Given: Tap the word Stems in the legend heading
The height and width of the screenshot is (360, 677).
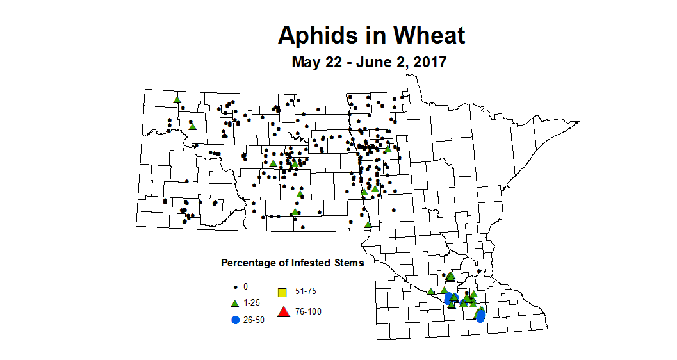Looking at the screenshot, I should tap(349, 263).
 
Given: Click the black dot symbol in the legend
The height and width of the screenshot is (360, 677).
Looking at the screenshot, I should tap(235, 286).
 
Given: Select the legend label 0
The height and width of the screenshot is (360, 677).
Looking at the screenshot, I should tap(245, 286).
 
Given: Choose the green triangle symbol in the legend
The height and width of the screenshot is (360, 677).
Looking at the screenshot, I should tap(234, 302).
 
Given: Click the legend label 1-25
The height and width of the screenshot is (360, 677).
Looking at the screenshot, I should tap(254, 303).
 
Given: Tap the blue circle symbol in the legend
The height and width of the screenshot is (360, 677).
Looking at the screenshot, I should tap(235, 320).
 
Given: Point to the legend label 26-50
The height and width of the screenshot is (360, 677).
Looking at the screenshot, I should tap(255, 320).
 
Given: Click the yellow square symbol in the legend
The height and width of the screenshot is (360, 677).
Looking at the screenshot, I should tap(281, 293).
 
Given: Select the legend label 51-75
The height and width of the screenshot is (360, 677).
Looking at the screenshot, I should tap(305, 291).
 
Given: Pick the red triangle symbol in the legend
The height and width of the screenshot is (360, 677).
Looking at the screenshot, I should tap(282, 312).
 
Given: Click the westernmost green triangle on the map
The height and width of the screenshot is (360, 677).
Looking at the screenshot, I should tap(177, 99).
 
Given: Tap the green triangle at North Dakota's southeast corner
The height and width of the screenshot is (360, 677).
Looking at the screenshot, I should tap(368, 224).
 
